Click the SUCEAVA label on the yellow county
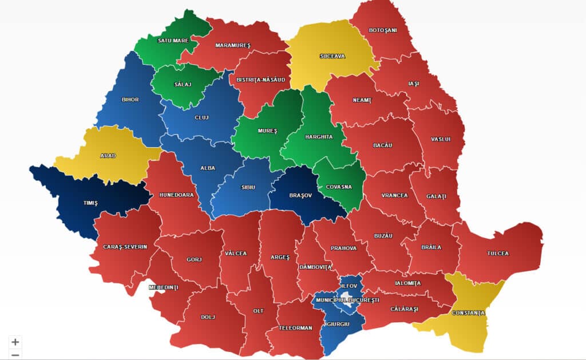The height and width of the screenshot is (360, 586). (332, 56)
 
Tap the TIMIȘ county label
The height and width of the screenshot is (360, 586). (90, 203)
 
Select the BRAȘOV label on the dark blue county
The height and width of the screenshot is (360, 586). (301, 195)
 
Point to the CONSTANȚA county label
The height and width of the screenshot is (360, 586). (468, 313)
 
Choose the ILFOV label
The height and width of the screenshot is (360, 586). (349, 286)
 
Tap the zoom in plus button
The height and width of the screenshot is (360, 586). (15, 342)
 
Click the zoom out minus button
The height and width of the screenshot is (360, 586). (15, 355)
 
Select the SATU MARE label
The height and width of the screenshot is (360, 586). (173, 41)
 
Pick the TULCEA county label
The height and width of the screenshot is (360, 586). (497, 254)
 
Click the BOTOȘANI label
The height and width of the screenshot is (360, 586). (383, 30)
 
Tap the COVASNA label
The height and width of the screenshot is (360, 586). (339, 187)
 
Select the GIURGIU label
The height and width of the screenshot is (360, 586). (338, 324)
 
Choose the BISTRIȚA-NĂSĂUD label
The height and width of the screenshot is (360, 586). (260, 80)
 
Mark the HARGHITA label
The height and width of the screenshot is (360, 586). (319, 137)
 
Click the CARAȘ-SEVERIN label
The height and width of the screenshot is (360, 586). (125, 247)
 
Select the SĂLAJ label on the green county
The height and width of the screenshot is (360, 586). (183, 84)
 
